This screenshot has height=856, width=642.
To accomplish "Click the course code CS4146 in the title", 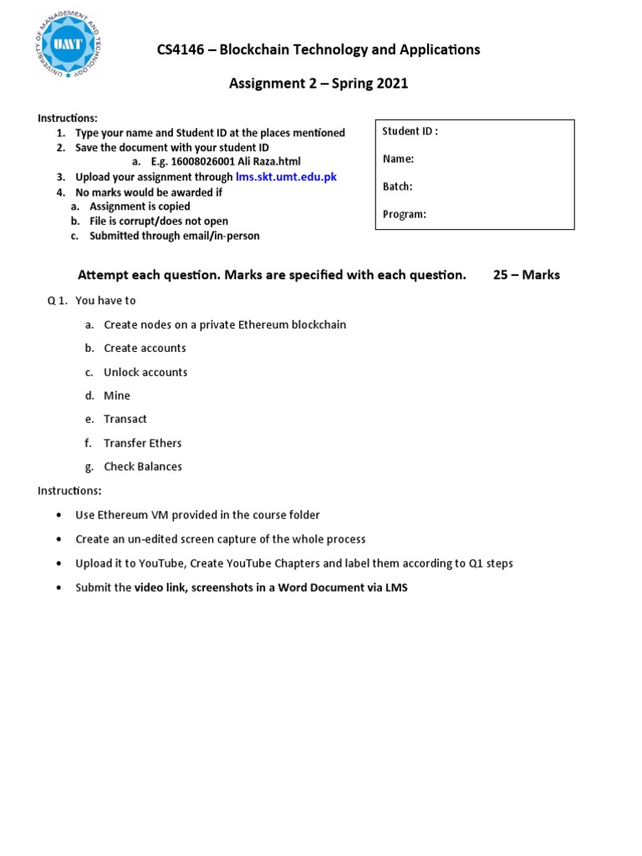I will tap(181, 50).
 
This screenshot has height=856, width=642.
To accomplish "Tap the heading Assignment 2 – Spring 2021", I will tap(318, 84).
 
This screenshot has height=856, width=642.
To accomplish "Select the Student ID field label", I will tap(410, 131).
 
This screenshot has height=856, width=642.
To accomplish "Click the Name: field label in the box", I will tap(398, 159).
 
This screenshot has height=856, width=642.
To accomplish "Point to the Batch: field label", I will tap(397, 186).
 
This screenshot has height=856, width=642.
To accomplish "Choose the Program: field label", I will tap(404, 214).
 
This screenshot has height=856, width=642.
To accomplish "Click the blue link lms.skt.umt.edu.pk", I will tap(286, 177).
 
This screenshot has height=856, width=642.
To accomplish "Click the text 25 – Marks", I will tap(526, 275).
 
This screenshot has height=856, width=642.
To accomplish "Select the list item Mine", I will tap(117, 395).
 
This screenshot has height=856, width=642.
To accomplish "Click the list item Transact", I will tap(125, 419).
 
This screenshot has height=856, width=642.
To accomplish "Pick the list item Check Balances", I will tap(142, 466).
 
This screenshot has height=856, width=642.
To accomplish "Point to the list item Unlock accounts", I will tap(145, 372).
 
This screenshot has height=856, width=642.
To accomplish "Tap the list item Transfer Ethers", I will tap(142, 443).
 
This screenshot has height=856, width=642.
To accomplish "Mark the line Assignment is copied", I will tap(140, 206).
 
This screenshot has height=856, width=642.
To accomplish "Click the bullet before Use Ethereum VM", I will tap(58, 516).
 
